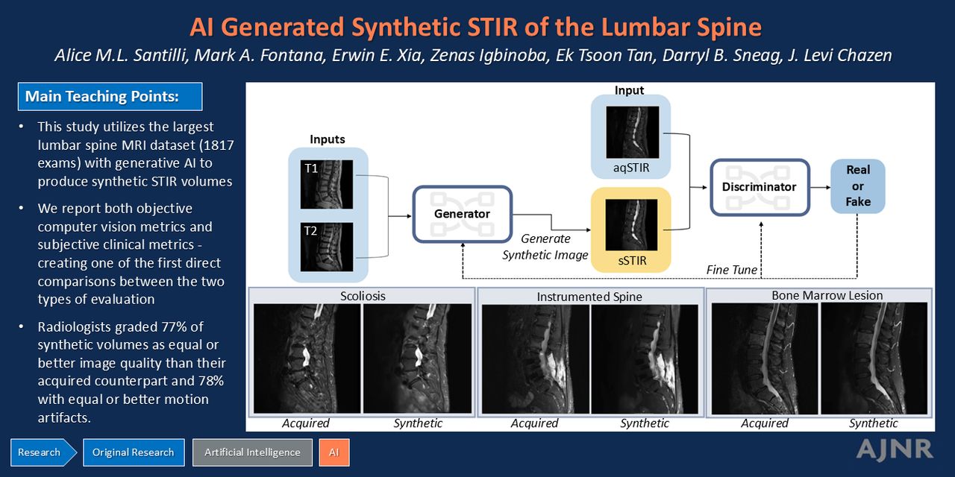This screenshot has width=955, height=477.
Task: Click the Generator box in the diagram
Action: point(462,214)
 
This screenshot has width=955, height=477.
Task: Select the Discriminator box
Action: point(760,187)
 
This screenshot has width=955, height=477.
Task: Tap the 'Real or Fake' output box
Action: point(858,186)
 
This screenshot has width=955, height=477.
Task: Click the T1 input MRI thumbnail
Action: point(327,184)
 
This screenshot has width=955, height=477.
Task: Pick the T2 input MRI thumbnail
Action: point(327,247)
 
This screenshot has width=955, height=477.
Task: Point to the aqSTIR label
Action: point(631,168)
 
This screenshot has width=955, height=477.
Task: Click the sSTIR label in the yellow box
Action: point(632,261)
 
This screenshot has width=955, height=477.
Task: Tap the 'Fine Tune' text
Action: point(732,270)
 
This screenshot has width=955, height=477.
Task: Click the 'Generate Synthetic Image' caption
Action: point(545,247)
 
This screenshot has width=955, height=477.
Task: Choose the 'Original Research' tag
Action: point(134,452)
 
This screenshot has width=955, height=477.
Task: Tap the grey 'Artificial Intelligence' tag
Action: point(252,452)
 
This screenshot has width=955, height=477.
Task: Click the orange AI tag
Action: point(334,452)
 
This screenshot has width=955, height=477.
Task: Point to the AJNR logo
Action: point(895,449)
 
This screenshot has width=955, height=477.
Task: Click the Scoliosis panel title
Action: point(363,296)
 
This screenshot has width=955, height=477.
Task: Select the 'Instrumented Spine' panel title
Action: point(589,297)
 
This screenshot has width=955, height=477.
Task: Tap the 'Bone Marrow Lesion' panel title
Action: point(827,295)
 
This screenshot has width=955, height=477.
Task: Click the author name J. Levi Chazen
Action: point(840,55)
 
